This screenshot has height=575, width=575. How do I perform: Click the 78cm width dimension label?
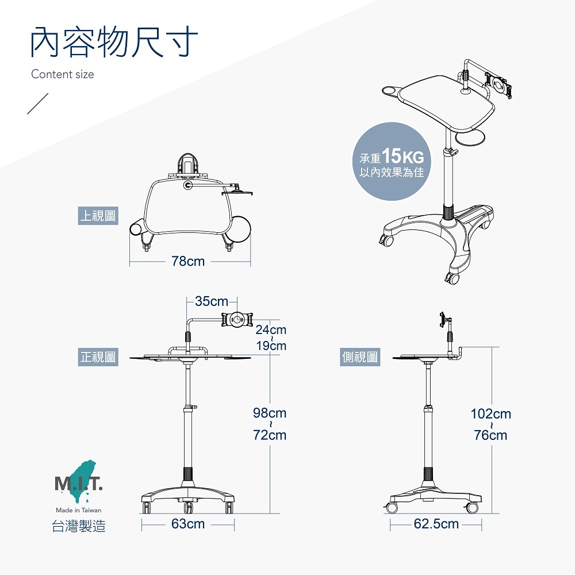coord(188,262)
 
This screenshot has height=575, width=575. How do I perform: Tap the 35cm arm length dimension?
coord(212,301)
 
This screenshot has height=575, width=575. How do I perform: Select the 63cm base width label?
coord(188,524)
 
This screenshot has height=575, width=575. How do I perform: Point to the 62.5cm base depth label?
coord(436,524)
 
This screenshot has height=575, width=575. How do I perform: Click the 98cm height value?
coord(270,413)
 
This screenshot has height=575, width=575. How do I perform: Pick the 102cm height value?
coord(490,414)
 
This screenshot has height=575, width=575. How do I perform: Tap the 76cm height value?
coord(490,435)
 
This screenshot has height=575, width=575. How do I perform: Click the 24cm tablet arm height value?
coord(270,330)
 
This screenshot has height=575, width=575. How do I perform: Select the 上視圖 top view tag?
coord(98,216)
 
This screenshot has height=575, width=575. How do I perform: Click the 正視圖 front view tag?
coord(98,358)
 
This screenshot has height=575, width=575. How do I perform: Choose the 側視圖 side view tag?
coord(360,358)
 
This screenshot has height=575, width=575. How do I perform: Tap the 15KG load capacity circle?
coord(391,162)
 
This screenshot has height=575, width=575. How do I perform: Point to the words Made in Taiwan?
coord(79,510)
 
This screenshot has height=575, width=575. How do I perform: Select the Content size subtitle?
coord(63,74)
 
